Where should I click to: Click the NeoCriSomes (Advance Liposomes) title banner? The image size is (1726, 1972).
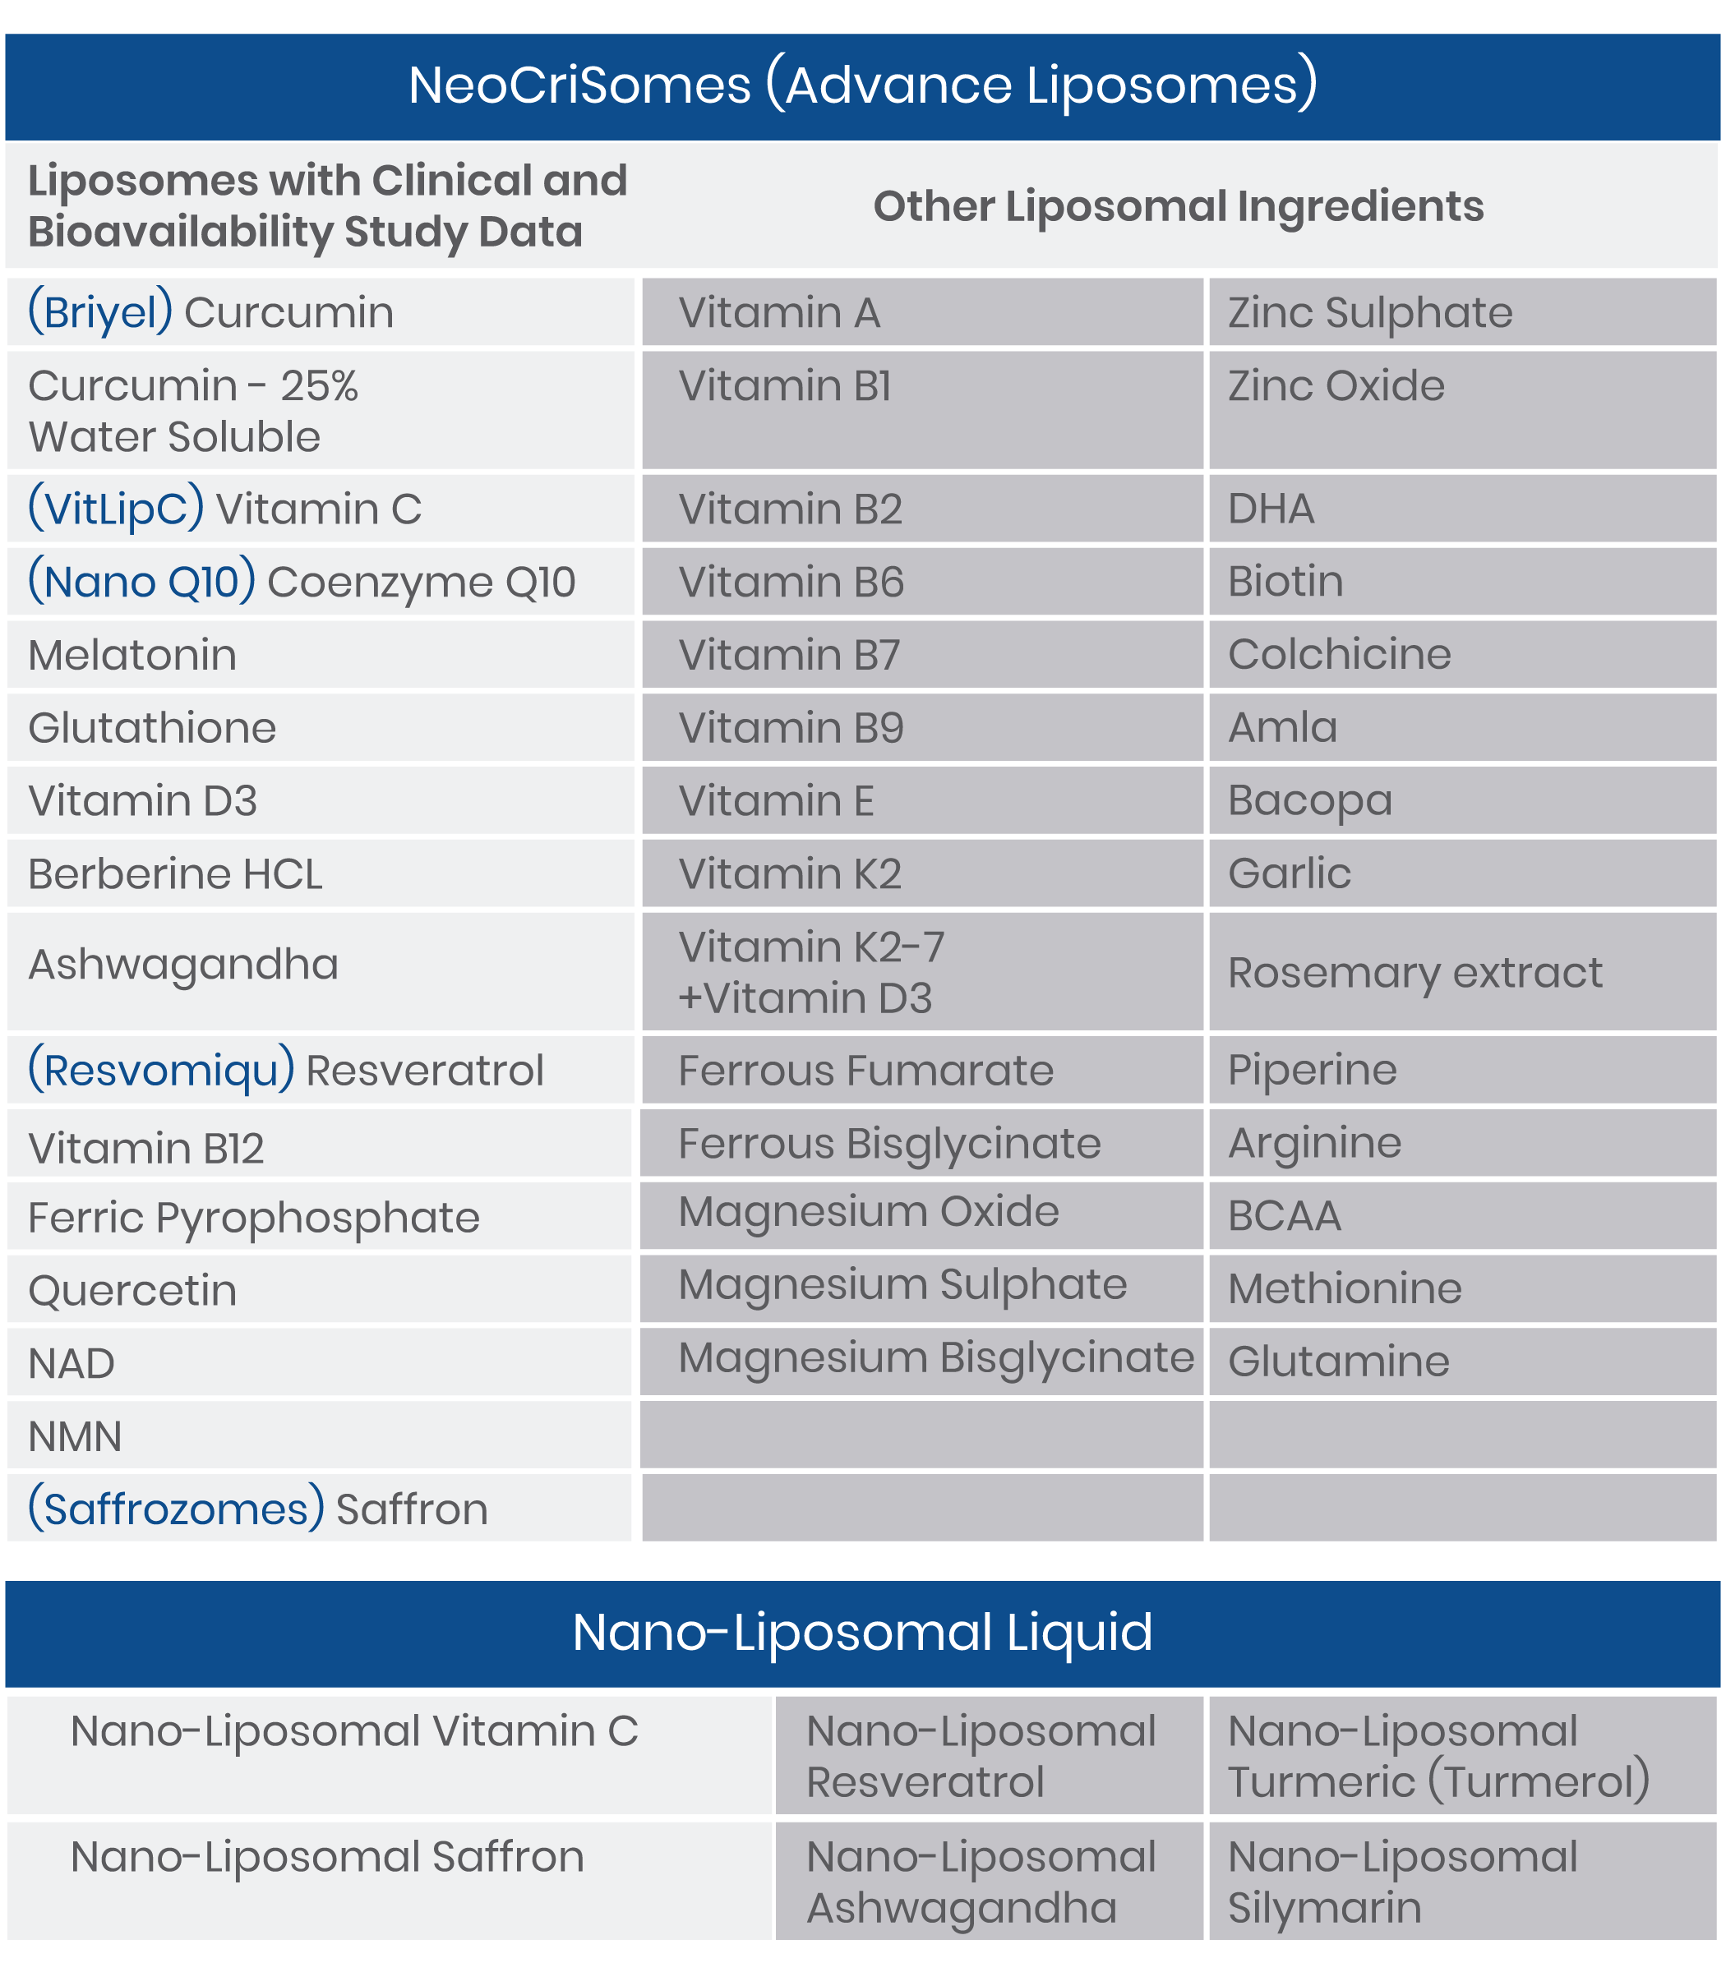click(863, 85)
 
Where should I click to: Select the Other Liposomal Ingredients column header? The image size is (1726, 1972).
click(1178, 206)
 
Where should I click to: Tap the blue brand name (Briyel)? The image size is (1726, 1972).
click(100, 312)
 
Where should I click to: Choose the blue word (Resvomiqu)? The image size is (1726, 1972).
click(161, 1070)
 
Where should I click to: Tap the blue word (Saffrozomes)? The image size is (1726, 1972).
click(176, 1509)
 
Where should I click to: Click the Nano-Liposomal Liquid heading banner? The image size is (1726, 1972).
click(863, 1632)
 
